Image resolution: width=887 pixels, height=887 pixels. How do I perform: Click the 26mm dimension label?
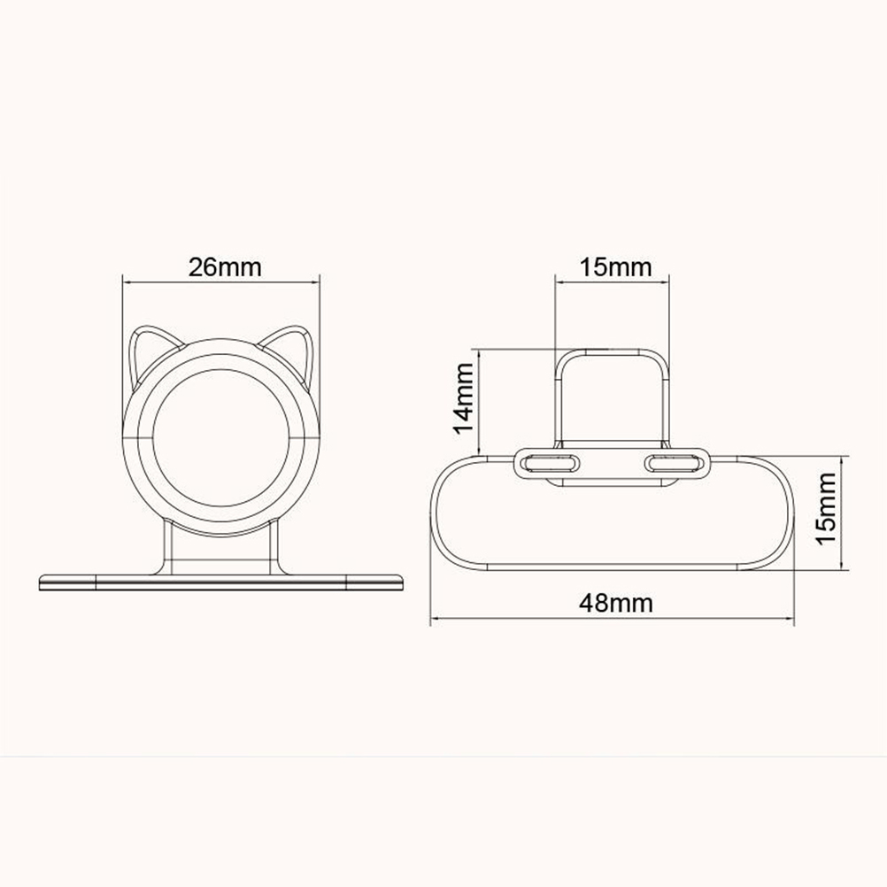225,267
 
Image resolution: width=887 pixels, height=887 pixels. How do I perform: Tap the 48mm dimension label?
615,604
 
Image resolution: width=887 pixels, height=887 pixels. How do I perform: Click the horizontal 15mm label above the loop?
615,267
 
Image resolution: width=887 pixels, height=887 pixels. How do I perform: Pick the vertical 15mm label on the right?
826,508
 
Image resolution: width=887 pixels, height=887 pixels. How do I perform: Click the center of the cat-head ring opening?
221,438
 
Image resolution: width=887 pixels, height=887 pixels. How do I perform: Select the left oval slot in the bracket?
549,463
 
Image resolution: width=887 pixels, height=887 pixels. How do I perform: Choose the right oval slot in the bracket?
676,463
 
